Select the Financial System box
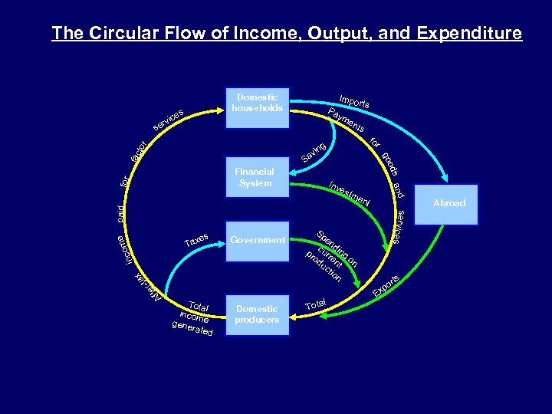(255, 178)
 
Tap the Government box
(258, 240)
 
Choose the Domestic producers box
(257, 314)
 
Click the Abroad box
(449, 204)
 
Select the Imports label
(355, 100)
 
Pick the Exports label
(386, 286)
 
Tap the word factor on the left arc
(138, 150)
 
